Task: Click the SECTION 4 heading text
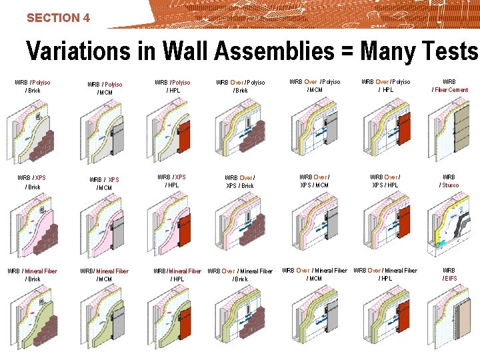coord(58,18)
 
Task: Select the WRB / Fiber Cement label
coord(450,86)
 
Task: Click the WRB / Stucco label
coord(449,181)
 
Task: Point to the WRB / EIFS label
coord(449,274)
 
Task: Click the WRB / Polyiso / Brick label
coord(33,86)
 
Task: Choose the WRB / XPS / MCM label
coord(104,183)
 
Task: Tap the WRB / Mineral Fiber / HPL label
coord(177,275)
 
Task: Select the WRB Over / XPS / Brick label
coord(240,181)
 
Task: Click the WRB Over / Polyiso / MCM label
coord(315,86)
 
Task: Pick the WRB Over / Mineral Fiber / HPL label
coord(385,274)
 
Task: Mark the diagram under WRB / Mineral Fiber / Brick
coord(33,319)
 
